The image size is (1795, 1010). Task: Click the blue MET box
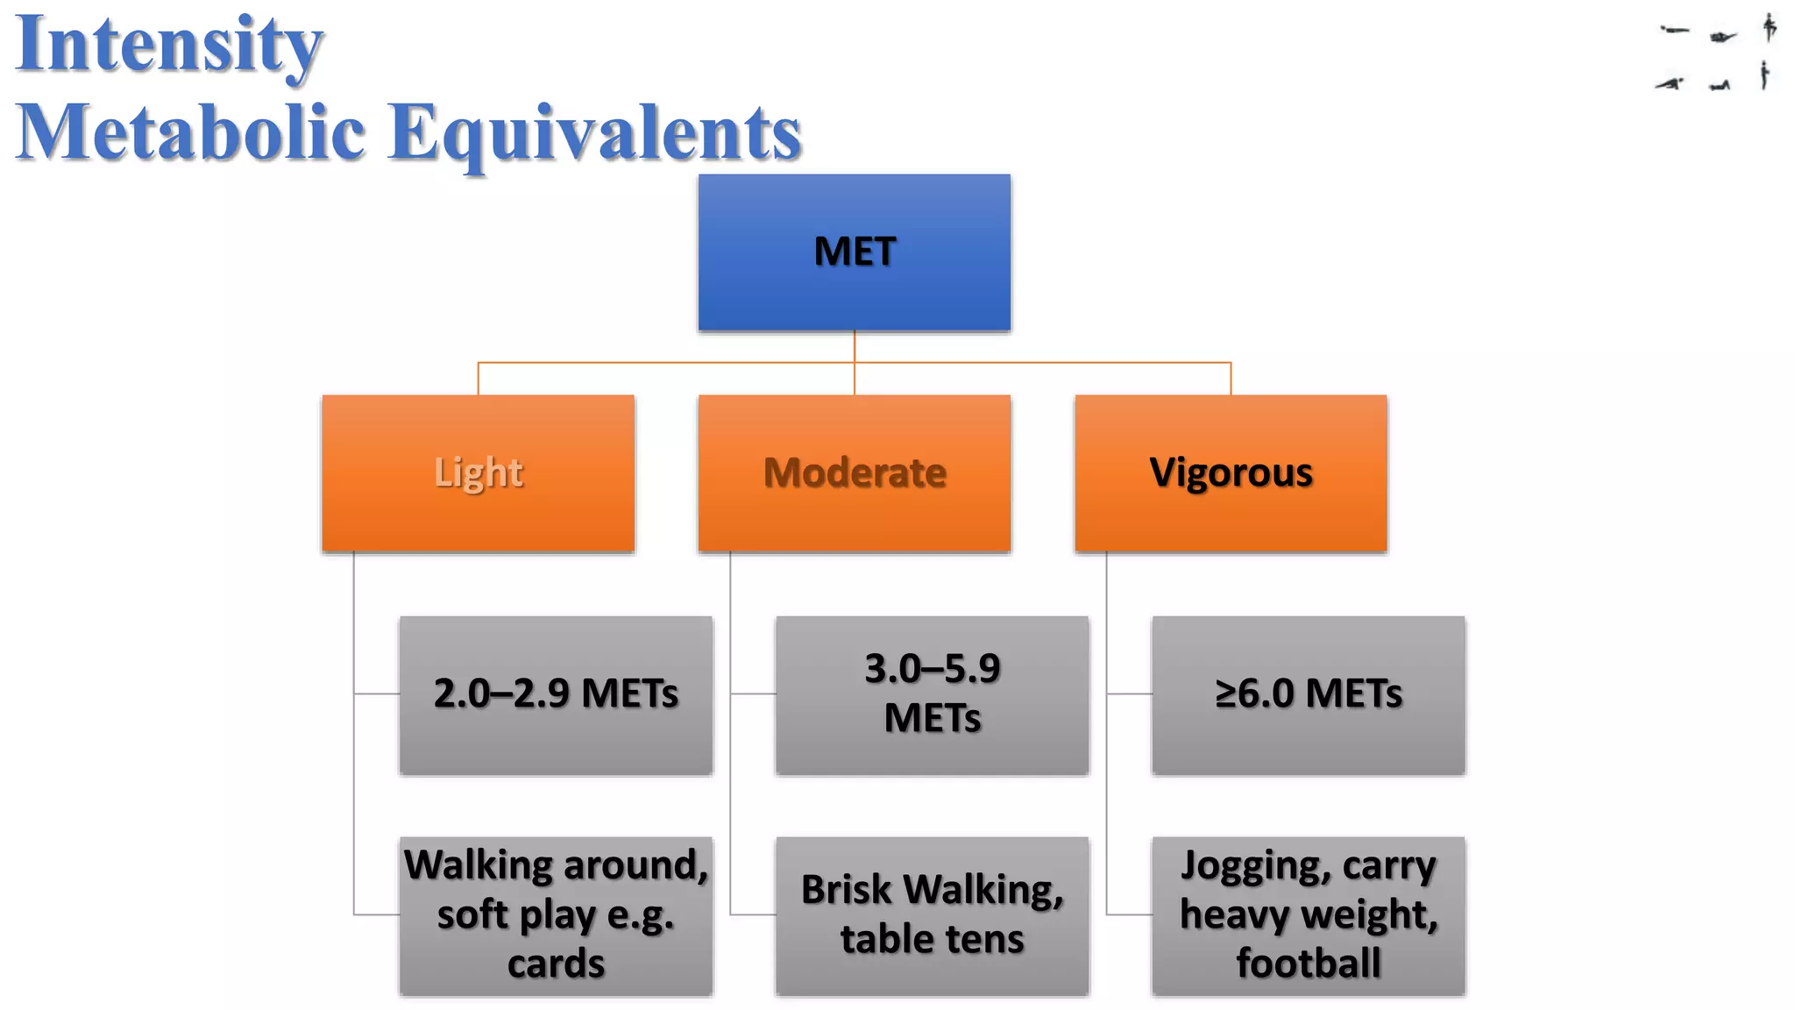[x=854, y=252]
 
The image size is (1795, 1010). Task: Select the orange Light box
[x=478, y=473]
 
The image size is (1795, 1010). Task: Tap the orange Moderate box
[x=854, y=473]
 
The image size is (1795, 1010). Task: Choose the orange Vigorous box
[x=1231, y=473]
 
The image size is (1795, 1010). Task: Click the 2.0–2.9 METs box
[x=556, y=694]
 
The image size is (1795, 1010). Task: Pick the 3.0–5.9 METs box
[x=932, y=694]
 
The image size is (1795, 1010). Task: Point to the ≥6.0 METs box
[x=1308, y=694]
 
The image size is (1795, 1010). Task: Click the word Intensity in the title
[x=169, y=46]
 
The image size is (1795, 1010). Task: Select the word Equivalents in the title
[x=595, y=133]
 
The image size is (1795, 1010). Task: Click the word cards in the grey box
[x=556, y=964]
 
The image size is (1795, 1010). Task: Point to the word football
[x=1308, y=964]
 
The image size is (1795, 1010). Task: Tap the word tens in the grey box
[x=985, y=940]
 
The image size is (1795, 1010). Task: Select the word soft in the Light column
[x=472, y=914]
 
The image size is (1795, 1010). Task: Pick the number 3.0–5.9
[x=932, y=669]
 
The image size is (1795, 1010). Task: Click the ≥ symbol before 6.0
[x=1224, y=694]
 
